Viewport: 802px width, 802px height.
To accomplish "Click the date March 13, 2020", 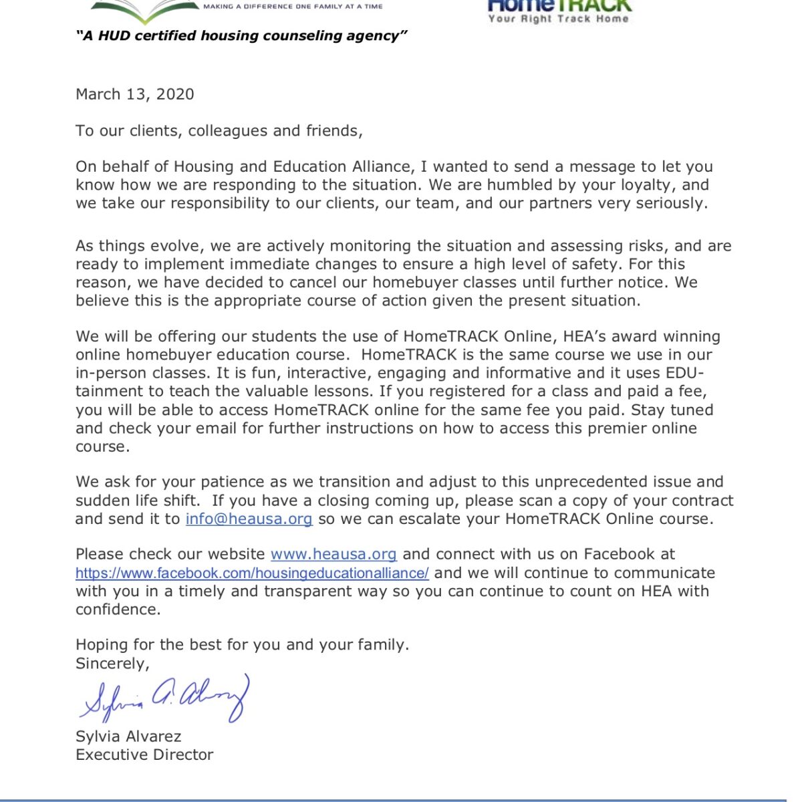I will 135,94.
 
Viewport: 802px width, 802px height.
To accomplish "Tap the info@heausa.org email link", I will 249,519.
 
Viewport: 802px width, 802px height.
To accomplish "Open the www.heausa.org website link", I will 333,555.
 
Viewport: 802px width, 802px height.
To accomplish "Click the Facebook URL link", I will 252,573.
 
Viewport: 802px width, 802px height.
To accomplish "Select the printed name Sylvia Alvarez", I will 128,737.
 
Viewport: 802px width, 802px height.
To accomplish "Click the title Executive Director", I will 144,755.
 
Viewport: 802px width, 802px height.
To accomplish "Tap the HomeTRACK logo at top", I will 559,5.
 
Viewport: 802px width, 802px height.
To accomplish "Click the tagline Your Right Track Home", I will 558,19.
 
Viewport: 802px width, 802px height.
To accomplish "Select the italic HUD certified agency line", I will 241,36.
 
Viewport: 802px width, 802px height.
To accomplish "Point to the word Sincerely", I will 112,664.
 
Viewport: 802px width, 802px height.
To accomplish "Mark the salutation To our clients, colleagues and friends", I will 219,131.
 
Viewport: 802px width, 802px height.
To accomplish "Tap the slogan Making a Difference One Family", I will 293,6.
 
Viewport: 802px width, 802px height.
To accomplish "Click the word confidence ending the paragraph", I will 118,610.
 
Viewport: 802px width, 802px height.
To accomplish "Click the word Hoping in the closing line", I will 100,645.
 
